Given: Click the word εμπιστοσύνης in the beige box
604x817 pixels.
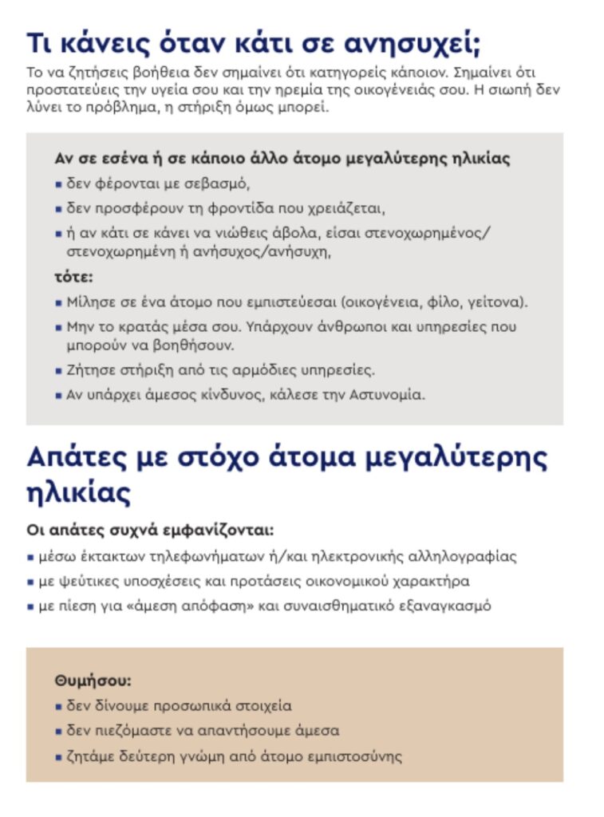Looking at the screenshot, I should pyautogui.click(x=363, y=755).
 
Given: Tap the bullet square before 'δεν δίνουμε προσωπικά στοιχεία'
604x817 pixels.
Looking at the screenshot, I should pyautogui.click(x=58, y=707).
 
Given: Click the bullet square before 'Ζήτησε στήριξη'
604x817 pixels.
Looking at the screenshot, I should pyautogui.click(x=58, y=371).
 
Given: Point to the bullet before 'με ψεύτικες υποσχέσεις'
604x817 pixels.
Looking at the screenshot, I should pyautogui.click(x=30, y=582).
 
